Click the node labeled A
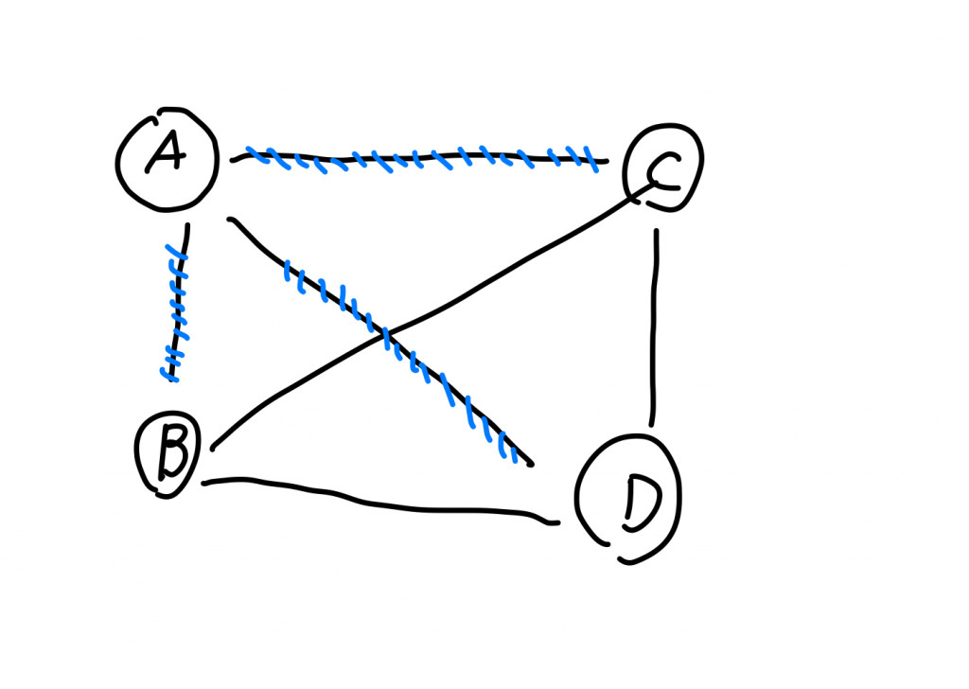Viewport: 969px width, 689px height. [167, 159]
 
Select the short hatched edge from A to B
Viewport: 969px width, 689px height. [177, 303]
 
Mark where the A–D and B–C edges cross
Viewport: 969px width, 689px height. [385, 333]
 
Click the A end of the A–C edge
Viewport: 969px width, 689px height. [234, 159]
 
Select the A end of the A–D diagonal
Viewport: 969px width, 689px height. [229, 221]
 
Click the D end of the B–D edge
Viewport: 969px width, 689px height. [557, 521]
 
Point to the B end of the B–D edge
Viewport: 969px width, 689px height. [204, 484]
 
